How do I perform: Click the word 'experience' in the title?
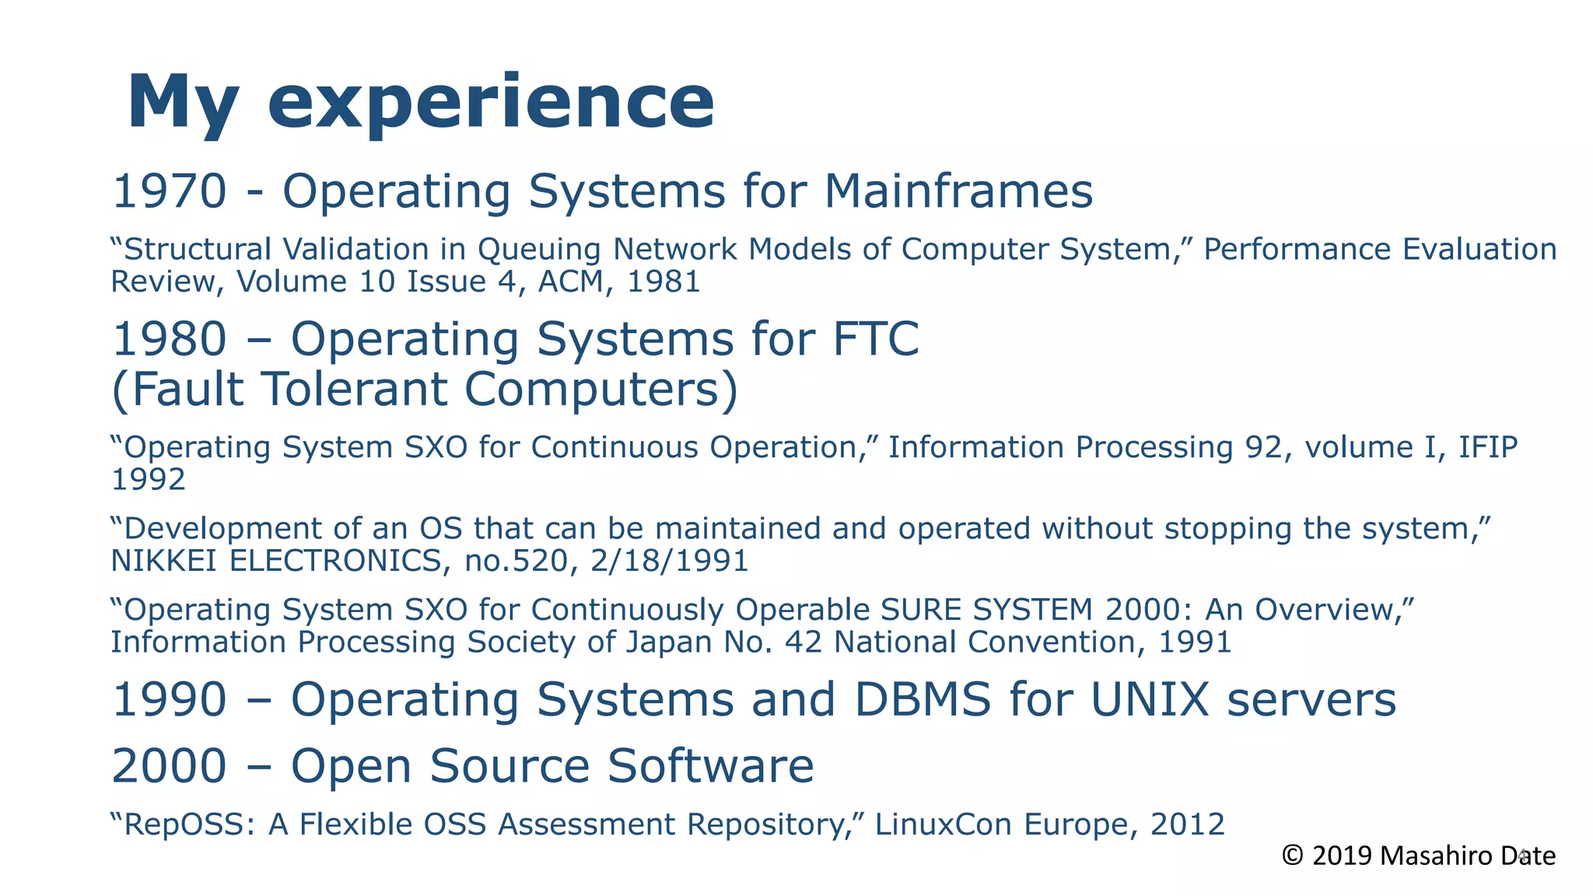[490, 103]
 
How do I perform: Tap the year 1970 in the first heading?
[170, 191]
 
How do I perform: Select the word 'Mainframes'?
[958, 191]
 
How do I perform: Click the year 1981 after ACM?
[663, 282]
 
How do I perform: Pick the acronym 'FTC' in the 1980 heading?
[876, 340]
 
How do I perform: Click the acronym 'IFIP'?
[1488, 448]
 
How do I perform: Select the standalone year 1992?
[149, 481]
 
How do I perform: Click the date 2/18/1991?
[670, 561]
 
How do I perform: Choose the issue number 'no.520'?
[516, 561]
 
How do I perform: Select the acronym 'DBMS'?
[923, 700]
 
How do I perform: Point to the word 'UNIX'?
[1150, 700]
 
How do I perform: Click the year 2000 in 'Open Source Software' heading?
[170, 766]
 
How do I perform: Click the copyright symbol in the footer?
[1293, 856]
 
